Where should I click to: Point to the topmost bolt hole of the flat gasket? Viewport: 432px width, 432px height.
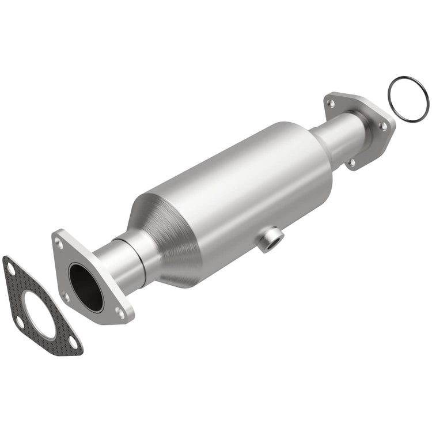coord(10,267)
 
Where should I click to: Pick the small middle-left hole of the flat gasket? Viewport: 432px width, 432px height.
coord(19,322)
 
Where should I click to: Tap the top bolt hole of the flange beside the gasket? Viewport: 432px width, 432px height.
coord(59,244)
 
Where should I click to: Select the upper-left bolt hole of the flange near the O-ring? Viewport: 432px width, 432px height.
coord(330,104)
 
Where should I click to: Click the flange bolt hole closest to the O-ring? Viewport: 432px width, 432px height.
coord(382,126)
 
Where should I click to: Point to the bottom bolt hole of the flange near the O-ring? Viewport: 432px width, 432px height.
coord(351,162)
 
